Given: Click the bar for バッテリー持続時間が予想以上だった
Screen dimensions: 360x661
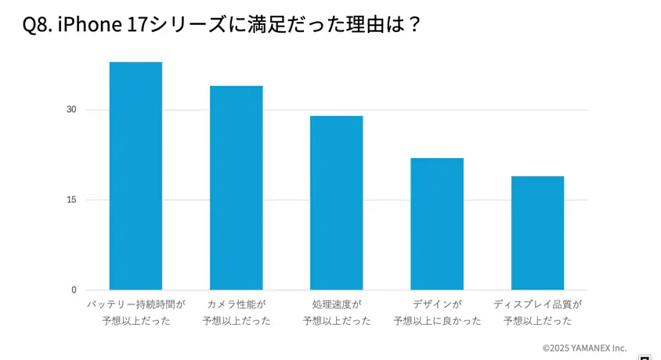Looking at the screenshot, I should (135, 176).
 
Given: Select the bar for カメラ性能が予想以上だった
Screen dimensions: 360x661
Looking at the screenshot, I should (236, 188).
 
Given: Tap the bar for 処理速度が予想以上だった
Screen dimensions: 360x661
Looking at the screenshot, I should (336, 203).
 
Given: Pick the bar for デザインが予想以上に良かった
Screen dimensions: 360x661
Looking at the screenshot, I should (436, 224).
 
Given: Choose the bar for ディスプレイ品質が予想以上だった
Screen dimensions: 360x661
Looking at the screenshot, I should (537, 233).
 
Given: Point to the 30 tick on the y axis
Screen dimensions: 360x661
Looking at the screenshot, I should (71, 110).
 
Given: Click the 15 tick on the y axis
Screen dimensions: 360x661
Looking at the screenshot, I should (71, 200).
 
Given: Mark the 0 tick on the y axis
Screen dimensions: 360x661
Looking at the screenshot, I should (74, 290).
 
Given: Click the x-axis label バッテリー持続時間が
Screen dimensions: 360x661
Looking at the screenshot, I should (135, 304).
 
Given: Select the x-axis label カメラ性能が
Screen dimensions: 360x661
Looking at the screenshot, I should (236, 304).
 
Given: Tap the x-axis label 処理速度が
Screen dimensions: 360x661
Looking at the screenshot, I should (336, 304).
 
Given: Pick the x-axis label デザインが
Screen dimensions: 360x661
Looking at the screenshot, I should (437, 304).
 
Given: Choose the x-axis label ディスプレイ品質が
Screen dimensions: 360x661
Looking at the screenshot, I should (537, 304).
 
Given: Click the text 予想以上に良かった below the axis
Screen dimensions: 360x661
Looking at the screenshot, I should (437, 321).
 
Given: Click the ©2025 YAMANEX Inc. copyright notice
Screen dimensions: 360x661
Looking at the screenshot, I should (584, 347).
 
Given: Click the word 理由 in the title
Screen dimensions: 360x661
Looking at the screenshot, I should (363, 25).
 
